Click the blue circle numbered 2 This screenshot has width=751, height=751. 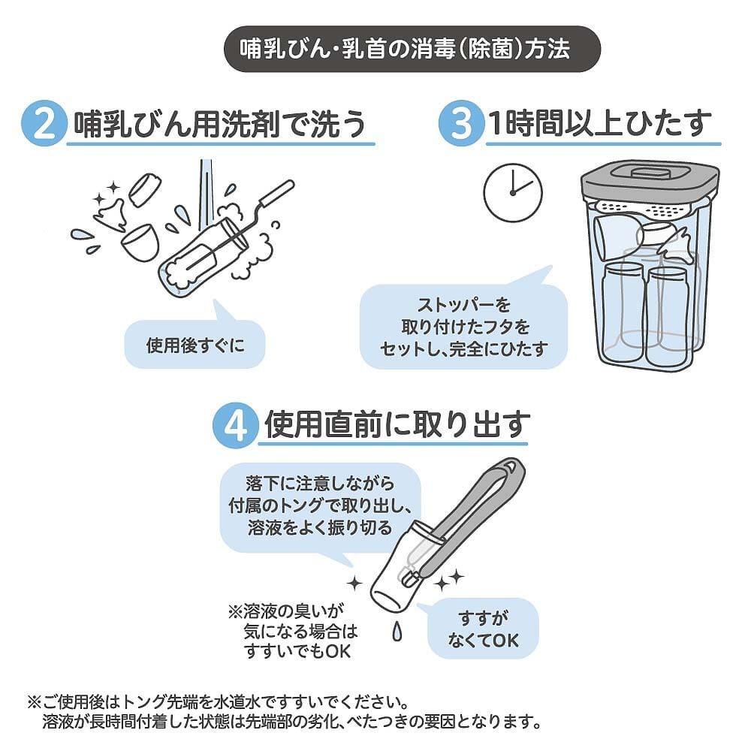(44, 124)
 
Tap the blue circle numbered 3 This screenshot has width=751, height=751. (461, 124)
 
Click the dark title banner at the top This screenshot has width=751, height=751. (412, 49)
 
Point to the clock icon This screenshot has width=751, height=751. (513, 192)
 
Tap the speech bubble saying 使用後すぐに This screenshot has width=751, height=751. (195, 341)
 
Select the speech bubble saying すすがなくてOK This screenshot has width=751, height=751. (482, 628)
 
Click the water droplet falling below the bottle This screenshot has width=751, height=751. (397, 632)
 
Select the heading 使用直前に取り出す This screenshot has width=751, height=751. (397, 425)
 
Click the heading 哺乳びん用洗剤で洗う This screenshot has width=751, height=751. (220, 124)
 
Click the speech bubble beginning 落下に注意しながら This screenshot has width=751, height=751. (320, 508)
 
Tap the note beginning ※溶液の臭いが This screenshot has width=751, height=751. (293, 631)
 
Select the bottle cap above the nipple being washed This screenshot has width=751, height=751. (145, 190)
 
